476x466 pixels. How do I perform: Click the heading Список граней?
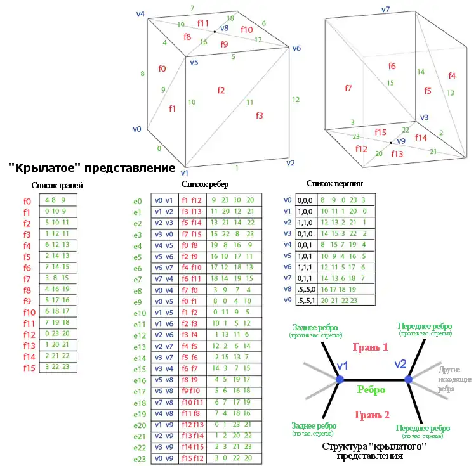pos(57,186)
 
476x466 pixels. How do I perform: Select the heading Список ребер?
pos(206,184)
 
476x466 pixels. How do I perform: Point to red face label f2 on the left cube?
pos(220,91)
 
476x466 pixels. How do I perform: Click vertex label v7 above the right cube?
pos(385,10)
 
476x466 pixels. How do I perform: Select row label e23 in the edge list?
pos(140,458)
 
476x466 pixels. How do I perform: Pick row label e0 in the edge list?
pos(138,200)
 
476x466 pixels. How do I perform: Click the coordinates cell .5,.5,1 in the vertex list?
pos(303,299)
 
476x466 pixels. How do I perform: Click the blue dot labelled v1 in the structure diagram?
pos(340,379)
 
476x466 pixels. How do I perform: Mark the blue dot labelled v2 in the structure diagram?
pos(409,379)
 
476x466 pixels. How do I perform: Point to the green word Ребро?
pos(371,390)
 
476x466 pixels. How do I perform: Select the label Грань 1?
pos(371,347)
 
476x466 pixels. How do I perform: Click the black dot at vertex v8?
pos(215,32)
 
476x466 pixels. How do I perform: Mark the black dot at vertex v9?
pos(391,143)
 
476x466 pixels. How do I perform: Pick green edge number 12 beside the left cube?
pos(295,100)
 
